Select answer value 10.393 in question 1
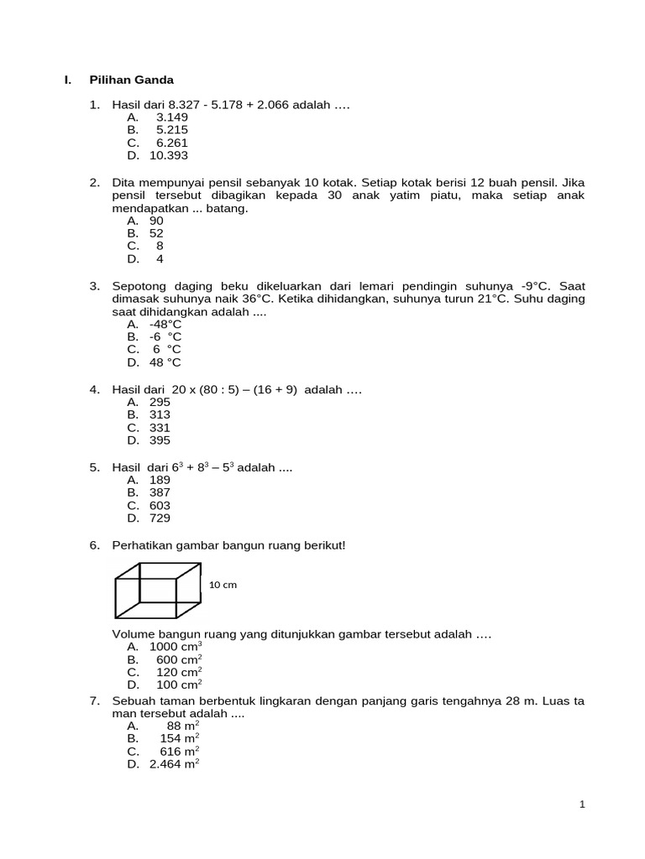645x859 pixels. pyautogui.click(x=169, y=156)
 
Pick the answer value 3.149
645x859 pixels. pyautogui.click(x=172, y=117)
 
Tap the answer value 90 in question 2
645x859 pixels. pyautogui.click(x=156, y=221)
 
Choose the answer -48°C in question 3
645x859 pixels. pyautogui.click(x=165, y=324)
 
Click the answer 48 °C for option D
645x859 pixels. pyautogui.click(x=165, y=362)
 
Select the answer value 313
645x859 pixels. pyautogui.click(x=160, y=414)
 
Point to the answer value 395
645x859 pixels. pyautogui.click(x=160, y=440)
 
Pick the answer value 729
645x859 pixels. pyautogui.click(x=160, y=518)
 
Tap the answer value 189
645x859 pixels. pyautogui.click(x=160, y=480)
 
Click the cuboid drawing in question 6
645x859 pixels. pyautogui.click(x=157, y=591)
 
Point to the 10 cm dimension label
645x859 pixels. pyautogui.click(x=223, y=585)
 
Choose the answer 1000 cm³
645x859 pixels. pyautogui.click(x=176, y=647)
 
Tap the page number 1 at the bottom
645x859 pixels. pyautogui.click(x=582, y=804)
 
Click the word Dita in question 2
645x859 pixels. pyautogui.click(x=123, y=182)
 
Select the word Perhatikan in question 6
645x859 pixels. pyautogui.click(x=140, y=545)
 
